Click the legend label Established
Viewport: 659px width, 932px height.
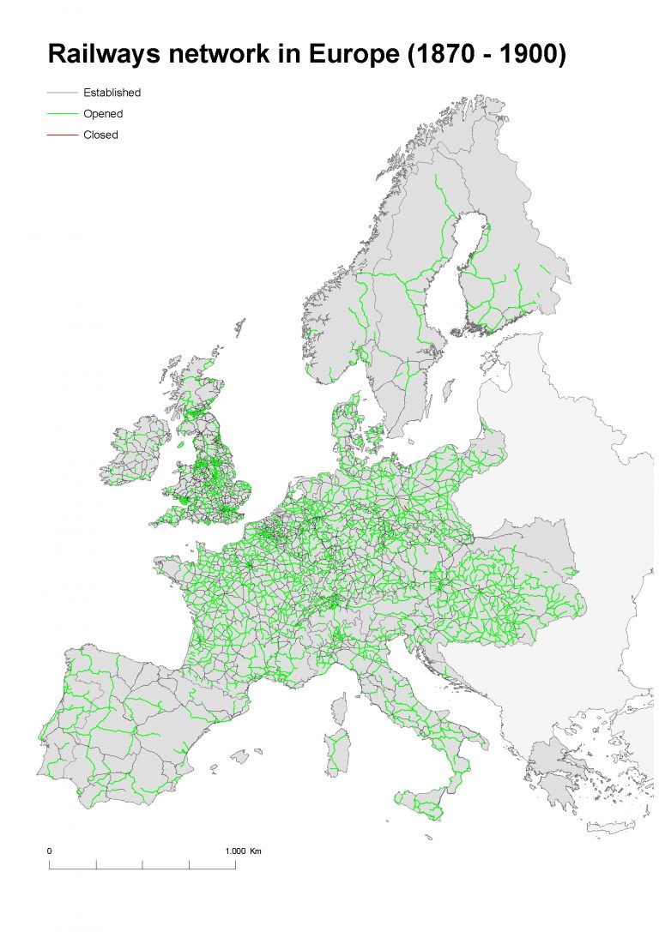point(112,93)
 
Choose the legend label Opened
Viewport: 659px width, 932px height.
point(103,113)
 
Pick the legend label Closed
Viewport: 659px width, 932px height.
point(100,135)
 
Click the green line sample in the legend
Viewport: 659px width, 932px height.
point(63,113)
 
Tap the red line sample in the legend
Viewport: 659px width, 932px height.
point(63,135)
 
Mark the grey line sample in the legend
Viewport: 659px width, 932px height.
point(63,93)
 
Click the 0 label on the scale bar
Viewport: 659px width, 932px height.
point(50,851)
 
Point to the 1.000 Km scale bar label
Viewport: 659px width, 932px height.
point(243,851)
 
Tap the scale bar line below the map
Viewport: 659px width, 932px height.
point(142,868)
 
